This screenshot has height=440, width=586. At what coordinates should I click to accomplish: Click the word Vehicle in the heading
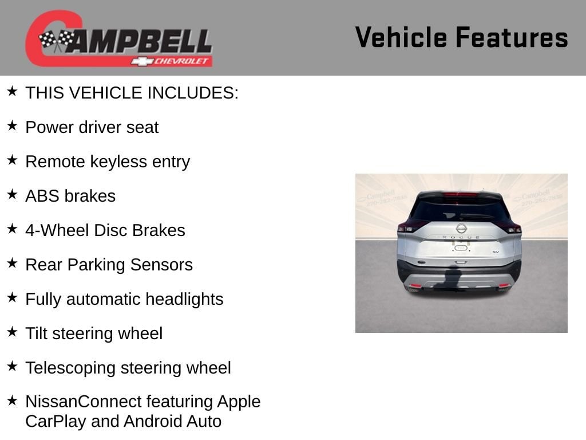[401, 37]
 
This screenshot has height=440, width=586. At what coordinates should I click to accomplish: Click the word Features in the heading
[512, 37]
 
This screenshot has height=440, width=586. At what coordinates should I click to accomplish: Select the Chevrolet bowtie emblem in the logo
[142, 61]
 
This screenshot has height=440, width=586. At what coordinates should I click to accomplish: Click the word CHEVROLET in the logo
[181, 61]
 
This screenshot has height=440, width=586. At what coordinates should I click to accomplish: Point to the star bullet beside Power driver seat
[12, 125]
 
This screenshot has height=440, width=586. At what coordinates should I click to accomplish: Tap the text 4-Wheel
[57, 230]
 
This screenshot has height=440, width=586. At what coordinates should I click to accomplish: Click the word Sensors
[161, 265]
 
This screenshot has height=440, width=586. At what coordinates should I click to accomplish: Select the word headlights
[184, 299]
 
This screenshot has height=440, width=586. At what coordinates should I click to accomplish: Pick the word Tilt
[36, 333]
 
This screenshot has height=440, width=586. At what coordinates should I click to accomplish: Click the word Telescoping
[70, 368]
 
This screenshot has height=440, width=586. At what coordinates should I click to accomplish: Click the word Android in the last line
[153, 421]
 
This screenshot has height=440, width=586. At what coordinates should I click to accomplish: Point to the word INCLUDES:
[192, 93]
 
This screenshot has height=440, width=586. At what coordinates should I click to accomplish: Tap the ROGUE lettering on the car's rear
[461, 237]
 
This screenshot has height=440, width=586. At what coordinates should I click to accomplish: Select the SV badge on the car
[496, 252]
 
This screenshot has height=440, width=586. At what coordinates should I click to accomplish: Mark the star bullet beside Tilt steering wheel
[12, 332]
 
